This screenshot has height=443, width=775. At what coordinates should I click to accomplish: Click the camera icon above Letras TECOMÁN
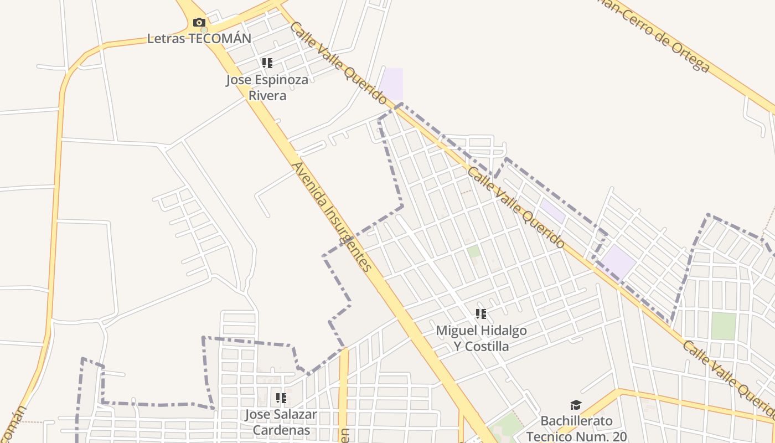pos(199,23)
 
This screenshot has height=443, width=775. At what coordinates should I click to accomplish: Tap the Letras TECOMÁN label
pos(199,38)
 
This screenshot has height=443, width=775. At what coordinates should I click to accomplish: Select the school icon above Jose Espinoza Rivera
pos(267,63)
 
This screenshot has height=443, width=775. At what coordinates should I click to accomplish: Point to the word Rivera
pos(267,95)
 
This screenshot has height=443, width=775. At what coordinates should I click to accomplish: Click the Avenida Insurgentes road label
pos(330,217)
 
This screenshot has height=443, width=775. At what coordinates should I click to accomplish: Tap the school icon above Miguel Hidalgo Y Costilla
pos(481,314)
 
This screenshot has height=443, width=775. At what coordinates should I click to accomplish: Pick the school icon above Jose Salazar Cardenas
pos(281,398)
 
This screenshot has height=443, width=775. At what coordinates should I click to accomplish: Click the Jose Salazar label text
pos(281,414)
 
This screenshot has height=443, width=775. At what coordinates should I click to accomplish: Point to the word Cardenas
pos(281,430)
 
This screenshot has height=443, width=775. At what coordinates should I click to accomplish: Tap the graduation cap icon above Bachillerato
pos(576,405)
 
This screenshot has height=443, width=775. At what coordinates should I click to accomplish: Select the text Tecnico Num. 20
pos(576,436)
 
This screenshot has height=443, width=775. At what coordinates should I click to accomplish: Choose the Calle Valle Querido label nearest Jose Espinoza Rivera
pos(338,63)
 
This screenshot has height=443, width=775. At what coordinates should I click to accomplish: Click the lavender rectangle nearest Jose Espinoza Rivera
pos(391,84)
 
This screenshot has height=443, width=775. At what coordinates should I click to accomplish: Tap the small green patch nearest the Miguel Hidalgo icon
pos(473,252)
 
